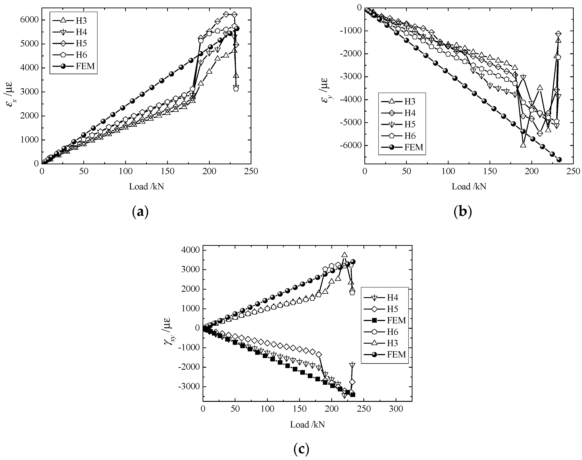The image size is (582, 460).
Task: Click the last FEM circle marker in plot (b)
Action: (559, 159)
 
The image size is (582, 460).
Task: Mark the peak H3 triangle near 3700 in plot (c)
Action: (344, 255)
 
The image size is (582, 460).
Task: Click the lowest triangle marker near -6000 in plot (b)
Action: (523, 145)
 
